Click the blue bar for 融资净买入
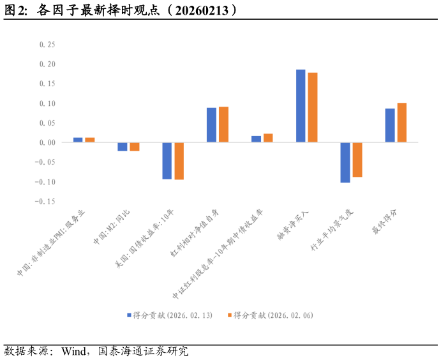(x=301, y=106)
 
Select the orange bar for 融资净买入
(x=313, y=107)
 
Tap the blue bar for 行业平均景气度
(x=345, y=162)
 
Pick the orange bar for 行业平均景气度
(x=357, y=160)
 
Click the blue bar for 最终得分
(x=390, y=126)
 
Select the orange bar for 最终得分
(x=402, y=123)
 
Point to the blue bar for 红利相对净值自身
(x=211, y=125)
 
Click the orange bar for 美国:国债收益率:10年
(x=179, y=161)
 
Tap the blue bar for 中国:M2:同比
(x=123, y=147)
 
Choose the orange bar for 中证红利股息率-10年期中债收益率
(x=268, y=138)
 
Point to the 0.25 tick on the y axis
(x=48, y=45)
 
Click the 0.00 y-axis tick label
(x=48, y=142)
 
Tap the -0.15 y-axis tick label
(x=47, y=201)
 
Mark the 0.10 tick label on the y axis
(x=48, y=103)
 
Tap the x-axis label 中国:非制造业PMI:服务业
(x=52, y=241)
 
